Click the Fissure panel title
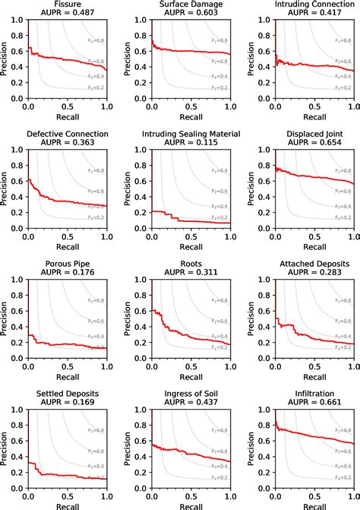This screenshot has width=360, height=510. pyautogui.click(x=67, y=5)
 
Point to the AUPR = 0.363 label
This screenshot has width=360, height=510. pyautogui.click(x=67, y=144)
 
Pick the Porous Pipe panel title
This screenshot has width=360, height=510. pyautogui.click(x=67, y=265)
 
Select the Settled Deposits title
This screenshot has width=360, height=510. pyautogui.click(x=67, y=394)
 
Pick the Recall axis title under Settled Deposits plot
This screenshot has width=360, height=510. pyautogui.click(x=67, y=505)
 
